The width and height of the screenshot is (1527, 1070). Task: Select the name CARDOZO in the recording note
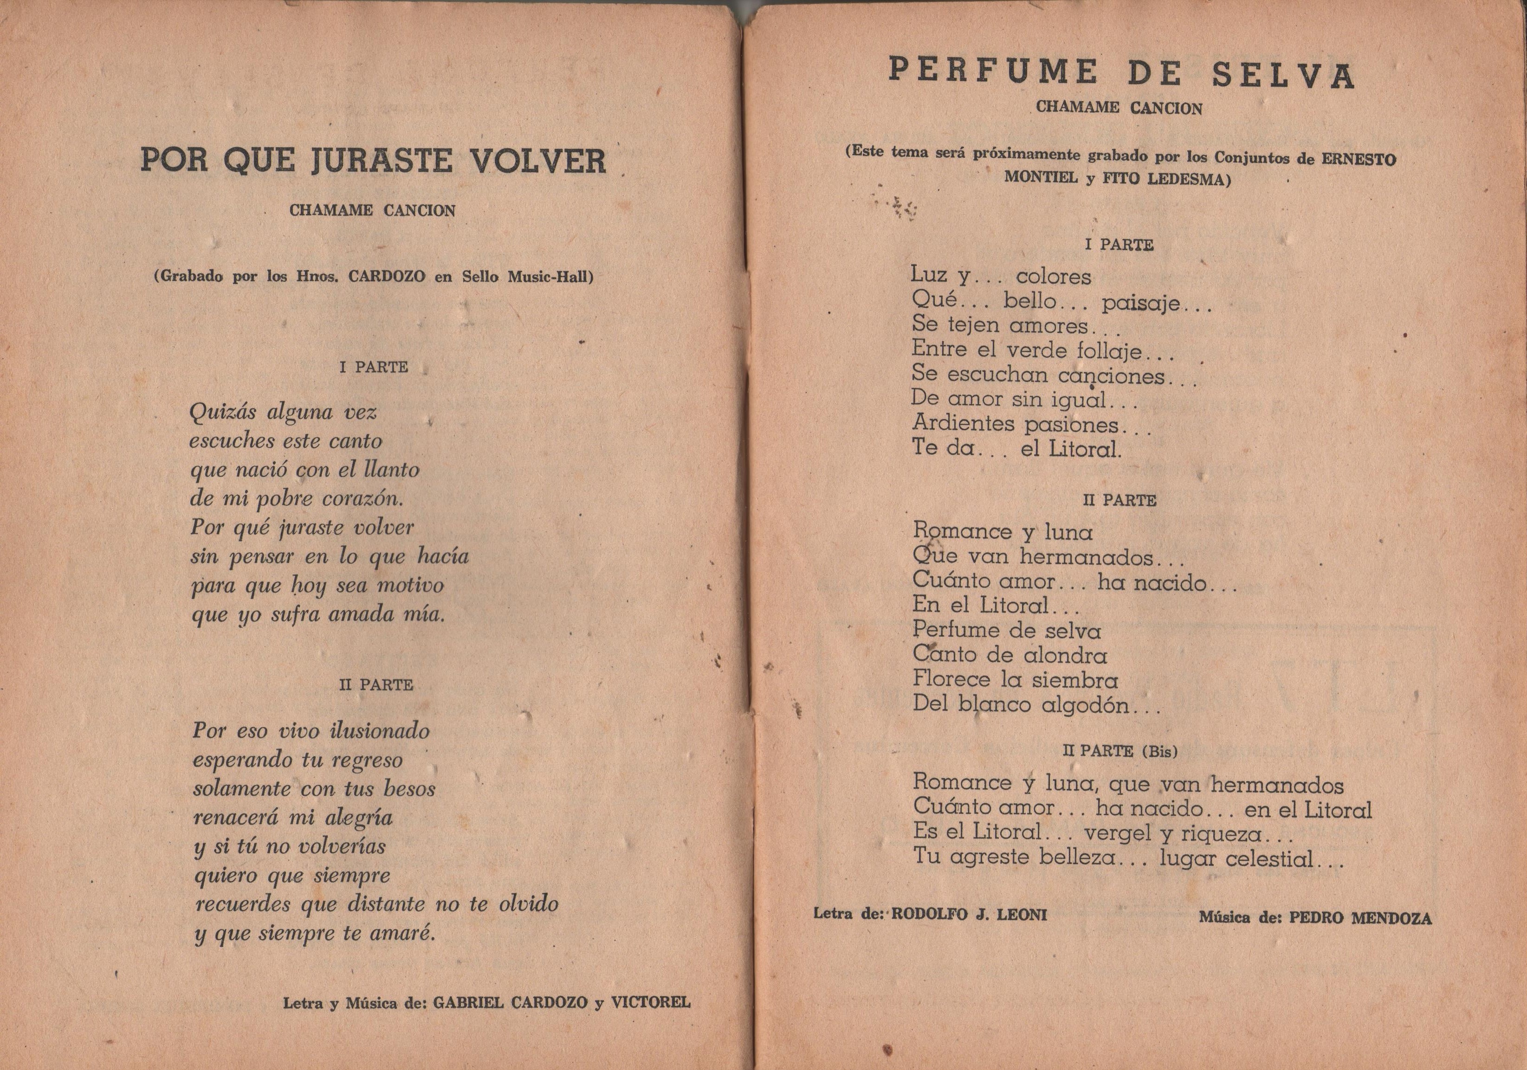click(387, 277)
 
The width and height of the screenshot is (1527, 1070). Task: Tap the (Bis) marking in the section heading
click(1159, 752)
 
